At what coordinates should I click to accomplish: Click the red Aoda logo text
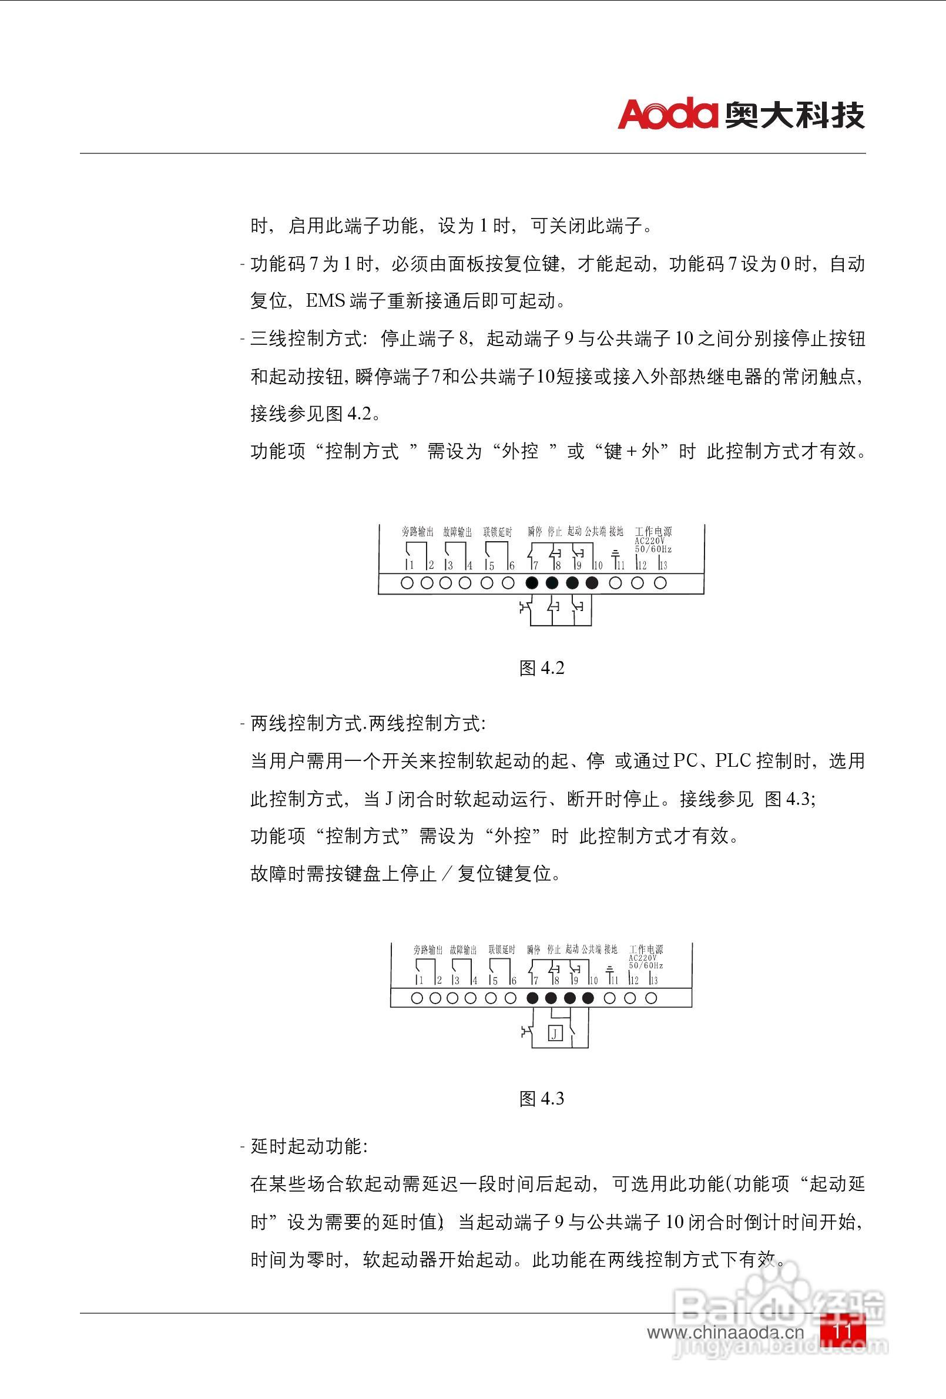tap(667, 113)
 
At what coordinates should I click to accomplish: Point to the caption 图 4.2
tap(541, 668)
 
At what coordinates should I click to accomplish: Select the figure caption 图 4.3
tap(541, 1099)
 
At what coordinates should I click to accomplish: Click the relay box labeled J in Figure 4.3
tap(555, 1034)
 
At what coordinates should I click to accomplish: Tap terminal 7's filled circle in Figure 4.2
tap(532, 583)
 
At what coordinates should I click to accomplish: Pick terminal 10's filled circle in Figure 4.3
tap(588, 998)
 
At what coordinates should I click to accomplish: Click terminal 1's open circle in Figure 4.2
tap(407, 583)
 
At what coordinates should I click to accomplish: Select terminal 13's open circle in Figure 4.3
tap(651, 998)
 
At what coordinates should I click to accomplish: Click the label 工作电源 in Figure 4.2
tap(653, 532)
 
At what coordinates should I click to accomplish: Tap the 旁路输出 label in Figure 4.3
tap(428, 950)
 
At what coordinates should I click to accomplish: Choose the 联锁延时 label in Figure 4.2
tap(498, 532)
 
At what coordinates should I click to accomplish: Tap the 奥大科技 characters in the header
tap(795, 115)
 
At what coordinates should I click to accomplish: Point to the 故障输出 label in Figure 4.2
tap(457, 532)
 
